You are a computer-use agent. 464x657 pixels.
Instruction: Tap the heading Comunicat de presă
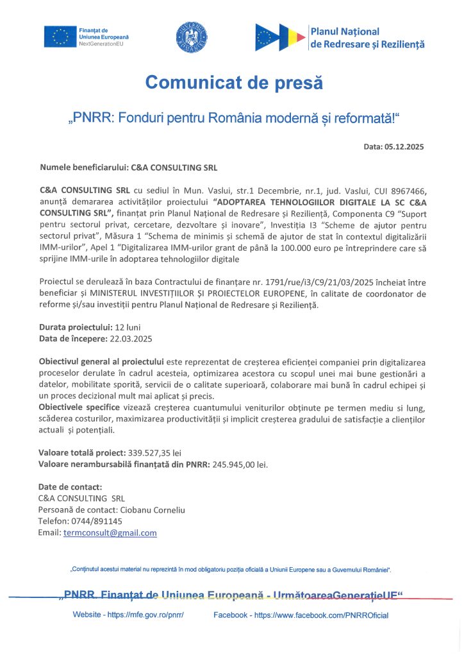pyautogui.click(x=233, y=83)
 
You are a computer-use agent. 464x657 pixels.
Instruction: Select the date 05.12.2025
pyautogui.click(x=404, y=147)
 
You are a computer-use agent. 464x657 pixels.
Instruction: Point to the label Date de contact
pyautogui.click(x=70, y=486)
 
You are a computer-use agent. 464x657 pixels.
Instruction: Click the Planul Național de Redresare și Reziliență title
pyautogui.click(x=367, y=38)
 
